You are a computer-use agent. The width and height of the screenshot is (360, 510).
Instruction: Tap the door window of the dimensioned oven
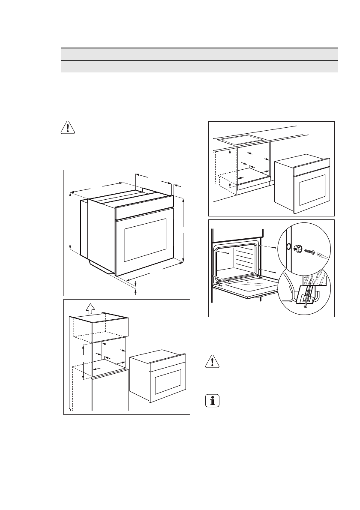click(x=145, y=240)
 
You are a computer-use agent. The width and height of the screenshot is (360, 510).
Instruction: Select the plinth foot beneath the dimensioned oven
click(x=101, y=267)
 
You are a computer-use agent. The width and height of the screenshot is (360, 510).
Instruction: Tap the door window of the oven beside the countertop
click(x=312, y=189)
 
